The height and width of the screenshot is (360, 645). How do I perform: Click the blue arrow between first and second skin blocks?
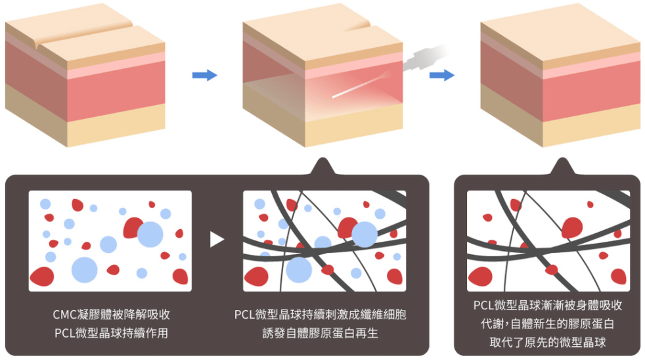click(x=204, y=76)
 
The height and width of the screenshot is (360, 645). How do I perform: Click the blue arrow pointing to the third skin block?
click(x=441, y=76)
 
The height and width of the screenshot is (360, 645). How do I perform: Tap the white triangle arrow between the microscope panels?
click(x=217, y=240)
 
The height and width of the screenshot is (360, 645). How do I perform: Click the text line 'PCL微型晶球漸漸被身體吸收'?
click(x=547, y=305)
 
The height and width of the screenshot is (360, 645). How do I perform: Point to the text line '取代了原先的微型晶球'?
click(x=547, y=342)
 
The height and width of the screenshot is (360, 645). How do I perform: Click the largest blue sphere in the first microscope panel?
click(x=150, y=235)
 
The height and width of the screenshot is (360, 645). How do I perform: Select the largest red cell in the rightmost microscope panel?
click(x=571, y=227)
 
